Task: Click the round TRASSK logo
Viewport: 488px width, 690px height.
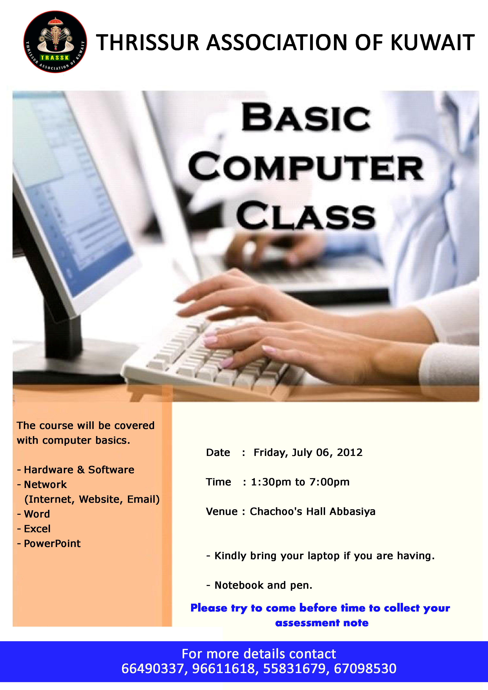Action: point(55,42)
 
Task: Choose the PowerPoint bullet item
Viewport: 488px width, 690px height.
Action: point(49,543)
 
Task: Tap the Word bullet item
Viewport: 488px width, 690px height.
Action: point(33,514)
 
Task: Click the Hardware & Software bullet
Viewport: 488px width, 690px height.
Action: point(76,470)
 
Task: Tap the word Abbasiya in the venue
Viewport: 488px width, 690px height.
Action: point(352,511)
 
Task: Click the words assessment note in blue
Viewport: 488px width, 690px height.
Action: point(322,623)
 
